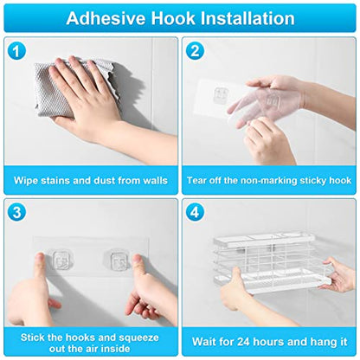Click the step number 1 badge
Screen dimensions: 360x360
pos(16,51)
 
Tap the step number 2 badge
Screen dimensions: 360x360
pos(195,51)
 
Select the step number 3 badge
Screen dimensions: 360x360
pos(16,212)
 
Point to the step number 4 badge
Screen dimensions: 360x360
pos(195,212)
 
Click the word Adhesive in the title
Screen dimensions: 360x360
pos(106,18)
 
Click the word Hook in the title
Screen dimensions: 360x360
pos(173,18)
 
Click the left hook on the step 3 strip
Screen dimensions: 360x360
pos(61,260)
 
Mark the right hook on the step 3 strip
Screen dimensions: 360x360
pos(118,260)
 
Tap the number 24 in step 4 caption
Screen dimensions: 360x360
pos(243,342)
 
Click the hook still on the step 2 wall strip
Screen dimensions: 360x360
pos(221,95)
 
